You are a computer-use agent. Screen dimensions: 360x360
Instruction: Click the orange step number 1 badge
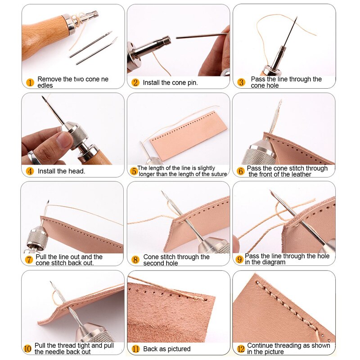coord(30,82)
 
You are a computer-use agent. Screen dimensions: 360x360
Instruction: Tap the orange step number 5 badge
coord(134,171)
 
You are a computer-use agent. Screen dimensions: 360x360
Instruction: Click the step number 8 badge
coord(135,260)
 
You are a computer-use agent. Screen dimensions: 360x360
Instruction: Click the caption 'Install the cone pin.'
coord(170,83)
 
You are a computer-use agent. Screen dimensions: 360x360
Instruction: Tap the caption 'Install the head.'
coord(61,171)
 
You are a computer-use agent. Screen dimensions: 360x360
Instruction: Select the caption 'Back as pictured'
coord(167,349)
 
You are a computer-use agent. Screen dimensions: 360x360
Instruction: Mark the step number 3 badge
coord(241,82)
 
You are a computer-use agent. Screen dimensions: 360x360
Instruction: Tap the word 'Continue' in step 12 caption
coord(261,346)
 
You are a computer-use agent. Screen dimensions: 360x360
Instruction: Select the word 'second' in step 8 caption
coord(153,263)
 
